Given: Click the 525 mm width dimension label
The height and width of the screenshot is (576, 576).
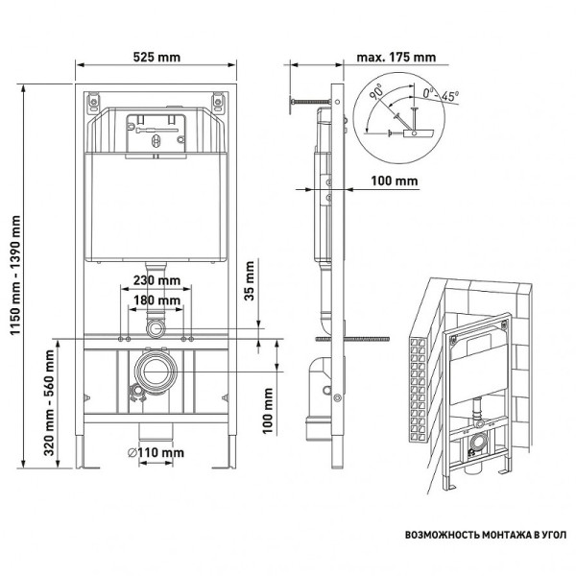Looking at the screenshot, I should click(156, 57).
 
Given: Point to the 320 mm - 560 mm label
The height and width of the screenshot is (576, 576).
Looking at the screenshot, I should click(50, 404).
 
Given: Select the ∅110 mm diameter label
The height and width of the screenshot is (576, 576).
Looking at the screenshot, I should click(156, 452).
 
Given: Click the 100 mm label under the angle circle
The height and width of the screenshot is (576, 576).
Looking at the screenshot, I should click(394, 180).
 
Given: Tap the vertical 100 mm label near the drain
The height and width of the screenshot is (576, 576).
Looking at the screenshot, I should click(270, 416).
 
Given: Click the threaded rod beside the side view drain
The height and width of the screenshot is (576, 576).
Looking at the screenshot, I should click(365, 338).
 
